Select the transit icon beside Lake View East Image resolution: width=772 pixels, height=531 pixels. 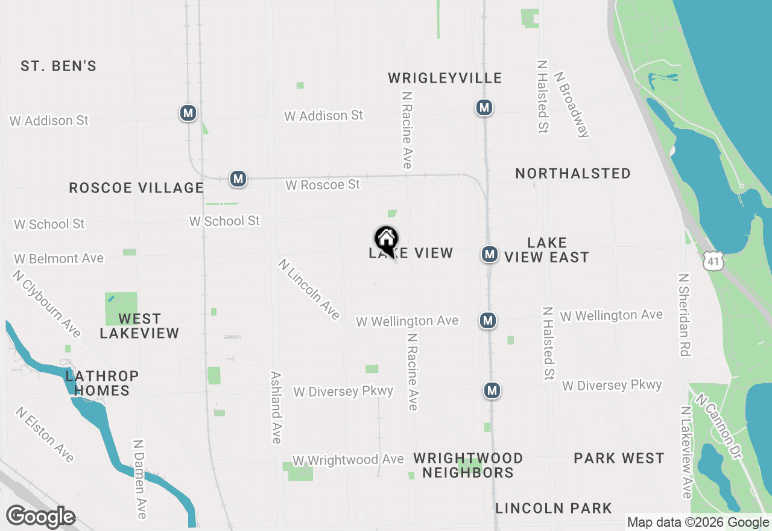[x=489, y=254]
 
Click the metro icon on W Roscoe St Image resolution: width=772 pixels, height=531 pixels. [x=238, y=179]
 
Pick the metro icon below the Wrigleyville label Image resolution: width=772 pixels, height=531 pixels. [x=483, y=107]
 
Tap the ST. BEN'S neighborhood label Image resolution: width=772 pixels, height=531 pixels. [x=59, y=66]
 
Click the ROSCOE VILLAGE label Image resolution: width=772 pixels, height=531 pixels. [x=136, y=188]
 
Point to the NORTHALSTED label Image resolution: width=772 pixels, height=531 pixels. [x=573, y=173]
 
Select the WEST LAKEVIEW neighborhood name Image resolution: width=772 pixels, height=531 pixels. [x=139, y=326]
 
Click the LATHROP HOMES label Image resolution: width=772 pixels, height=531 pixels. [x=102, y=383]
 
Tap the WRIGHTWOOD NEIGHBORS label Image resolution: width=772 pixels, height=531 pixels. [x=468, y=465]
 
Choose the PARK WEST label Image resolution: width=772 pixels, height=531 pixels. [x=619, y=458]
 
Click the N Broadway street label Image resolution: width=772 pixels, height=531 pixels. [x=571, y=105]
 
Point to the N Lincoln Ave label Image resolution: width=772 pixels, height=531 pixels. [x=309, y=289]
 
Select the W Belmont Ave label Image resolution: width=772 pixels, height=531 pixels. [x=59, y=258]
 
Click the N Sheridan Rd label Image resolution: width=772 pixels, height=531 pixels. [x=684, y=314]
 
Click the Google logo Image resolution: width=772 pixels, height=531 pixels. [x=40, y=517]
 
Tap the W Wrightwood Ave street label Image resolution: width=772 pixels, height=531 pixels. [x=348, y=460]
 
